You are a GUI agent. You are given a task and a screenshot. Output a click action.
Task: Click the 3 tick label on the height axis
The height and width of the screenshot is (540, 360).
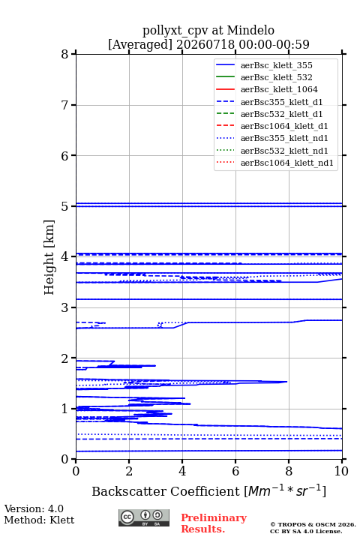tap(64, 307)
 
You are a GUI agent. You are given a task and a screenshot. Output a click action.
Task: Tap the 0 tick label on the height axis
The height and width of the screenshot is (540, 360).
tap(64, 459)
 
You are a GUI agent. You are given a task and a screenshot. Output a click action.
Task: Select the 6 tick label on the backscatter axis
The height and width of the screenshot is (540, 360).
tap(235, 471)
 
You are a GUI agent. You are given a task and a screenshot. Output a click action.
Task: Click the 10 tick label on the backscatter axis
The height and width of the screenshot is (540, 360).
tap(341, 471)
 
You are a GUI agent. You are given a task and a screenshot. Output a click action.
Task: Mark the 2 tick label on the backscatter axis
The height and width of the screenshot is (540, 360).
tap(129, 471)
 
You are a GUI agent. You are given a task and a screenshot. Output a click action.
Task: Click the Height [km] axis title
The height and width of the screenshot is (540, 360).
tap(49, 257)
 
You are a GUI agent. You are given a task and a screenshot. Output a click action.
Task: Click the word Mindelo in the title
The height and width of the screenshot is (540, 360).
tap(250, 30)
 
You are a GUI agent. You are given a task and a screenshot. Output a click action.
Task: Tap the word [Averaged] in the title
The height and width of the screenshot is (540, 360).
tap(140, 44)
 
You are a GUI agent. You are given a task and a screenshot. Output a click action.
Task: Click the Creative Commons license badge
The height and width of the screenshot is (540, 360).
tap(144, 518)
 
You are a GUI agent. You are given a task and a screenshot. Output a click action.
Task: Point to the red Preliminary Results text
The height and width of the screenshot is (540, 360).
tap(214, 523)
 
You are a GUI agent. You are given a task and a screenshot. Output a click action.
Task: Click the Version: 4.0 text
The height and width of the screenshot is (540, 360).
tap(34, 508)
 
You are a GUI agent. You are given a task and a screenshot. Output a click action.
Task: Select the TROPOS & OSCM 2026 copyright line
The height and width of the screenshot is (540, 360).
tap(313, 524)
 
